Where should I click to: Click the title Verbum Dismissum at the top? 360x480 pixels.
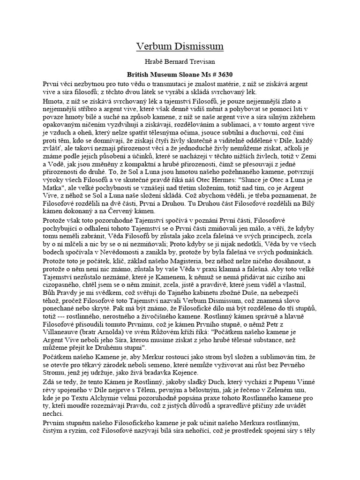[180, 46]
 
